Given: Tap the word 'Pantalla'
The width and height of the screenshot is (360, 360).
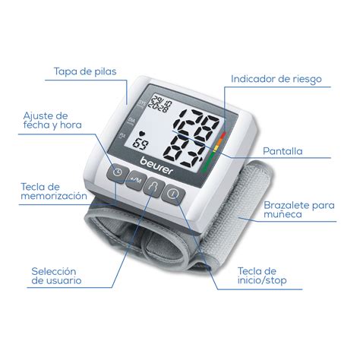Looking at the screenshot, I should point(283,151).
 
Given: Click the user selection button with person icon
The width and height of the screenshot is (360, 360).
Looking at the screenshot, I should point(153,188).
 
